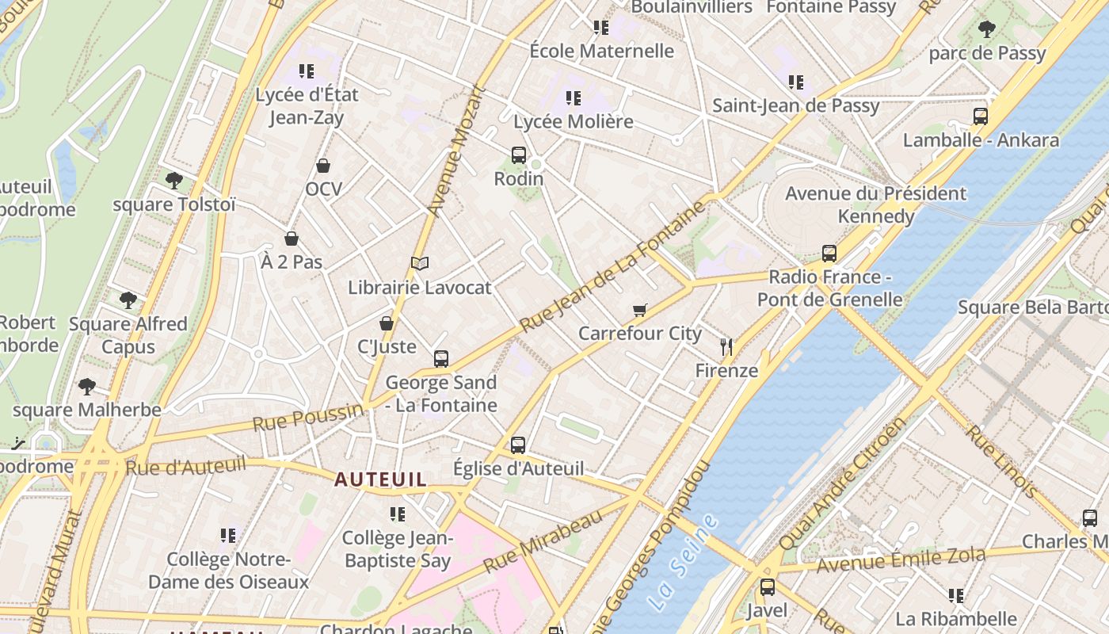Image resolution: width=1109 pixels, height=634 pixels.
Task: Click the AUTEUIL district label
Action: [x=380, y=479]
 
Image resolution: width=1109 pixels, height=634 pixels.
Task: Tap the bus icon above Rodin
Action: [x=519, y=155]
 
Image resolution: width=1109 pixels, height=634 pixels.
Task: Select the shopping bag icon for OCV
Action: [x=323, y=166]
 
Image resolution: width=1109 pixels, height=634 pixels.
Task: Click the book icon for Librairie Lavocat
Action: [x=420, y=263]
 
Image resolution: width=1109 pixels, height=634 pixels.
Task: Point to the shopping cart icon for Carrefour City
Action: [x=640, y=310]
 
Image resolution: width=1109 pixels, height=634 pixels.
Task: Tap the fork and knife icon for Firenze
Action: [x=726, y=346]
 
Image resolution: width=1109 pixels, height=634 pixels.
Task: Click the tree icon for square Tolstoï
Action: [x=174, y=181]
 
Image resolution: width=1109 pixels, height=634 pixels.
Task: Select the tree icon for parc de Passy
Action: [x=986, y=30]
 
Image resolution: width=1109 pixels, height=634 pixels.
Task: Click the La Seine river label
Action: [x=682, y=562]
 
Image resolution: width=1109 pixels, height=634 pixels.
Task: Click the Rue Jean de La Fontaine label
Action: [x=612, y=267]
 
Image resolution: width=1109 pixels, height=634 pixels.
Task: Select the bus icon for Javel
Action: [x=767, y=587]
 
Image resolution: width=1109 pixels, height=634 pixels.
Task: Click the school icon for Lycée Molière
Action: [x=574, y=98]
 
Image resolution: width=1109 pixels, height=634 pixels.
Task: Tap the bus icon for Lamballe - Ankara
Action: [x=981, y=116]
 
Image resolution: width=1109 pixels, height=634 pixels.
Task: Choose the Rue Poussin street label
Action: [x=307, y=417]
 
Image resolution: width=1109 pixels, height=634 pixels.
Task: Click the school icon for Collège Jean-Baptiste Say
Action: [x=398, y=514]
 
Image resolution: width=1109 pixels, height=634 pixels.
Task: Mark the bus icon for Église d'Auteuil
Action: [x=518, y=445]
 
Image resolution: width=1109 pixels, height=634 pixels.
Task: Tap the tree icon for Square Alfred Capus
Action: [x=128, y=300]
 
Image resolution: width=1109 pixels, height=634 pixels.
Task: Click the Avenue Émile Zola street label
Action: [x=901, y=560]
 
